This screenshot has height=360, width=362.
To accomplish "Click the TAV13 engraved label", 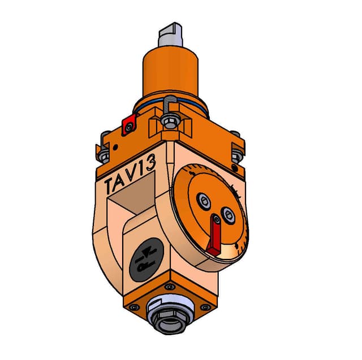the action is (130, 174).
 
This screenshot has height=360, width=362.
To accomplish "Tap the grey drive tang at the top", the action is (171, 34).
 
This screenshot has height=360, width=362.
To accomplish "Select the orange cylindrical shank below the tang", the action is (170, 72).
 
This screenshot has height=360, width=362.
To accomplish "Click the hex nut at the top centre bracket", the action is (170, 121).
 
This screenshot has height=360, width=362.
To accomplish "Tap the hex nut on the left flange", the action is (104, 155).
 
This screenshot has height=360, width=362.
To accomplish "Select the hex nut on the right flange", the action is (237, 156).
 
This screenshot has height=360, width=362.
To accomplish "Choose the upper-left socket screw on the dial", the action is (204, 201).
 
